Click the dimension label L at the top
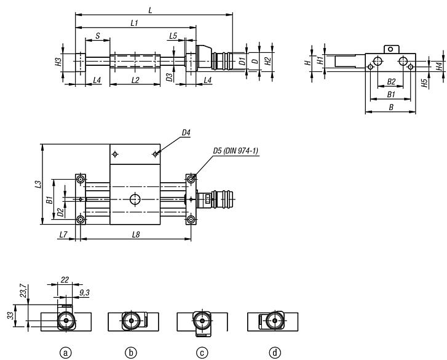[x=151, y=10]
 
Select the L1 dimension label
[x=134, y=23]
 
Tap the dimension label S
[x=98, y=36]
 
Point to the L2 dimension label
[x=135, y=80]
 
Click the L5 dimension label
[x=173, y=36]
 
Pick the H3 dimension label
[x=58, y=61]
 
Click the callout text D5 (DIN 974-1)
[x=235, y=150]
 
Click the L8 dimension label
[x=135, y=235]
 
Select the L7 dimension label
[x=63, y=235]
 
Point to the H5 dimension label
[x=425, y=82]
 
